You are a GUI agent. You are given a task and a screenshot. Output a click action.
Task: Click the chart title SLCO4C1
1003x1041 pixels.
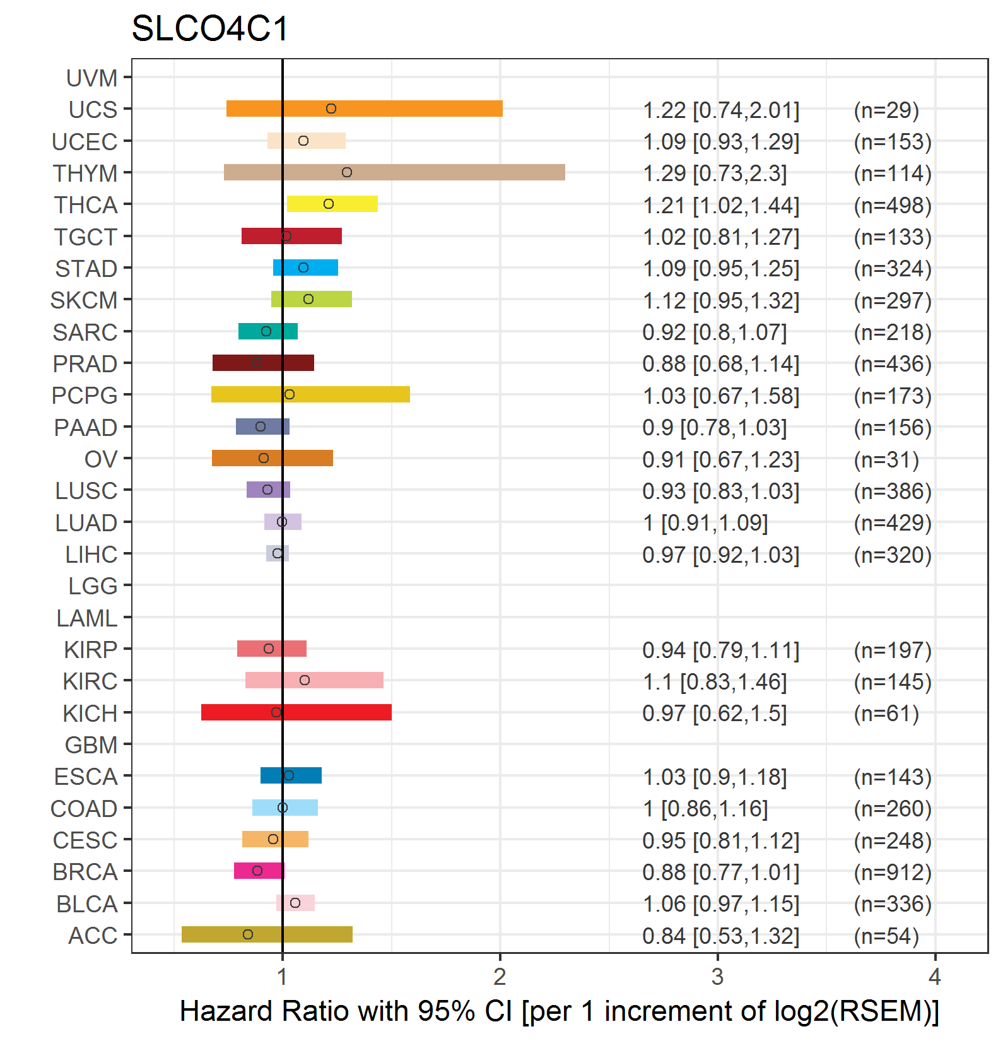[x=210, y=29]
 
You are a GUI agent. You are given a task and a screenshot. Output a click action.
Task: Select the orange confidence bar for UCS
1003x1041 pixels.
[x=365, y=109]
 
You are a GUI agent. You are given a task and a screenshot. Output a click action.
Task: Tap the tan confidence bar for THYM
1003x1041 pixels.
[x=394, y=172]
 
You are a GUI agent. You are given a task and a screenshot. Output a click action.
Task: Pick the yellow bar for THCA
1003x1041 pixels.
[x=332, y=204]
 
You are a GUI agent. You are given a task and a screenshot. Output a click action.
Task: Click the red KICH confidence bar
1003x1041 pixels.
[x=296, y=712]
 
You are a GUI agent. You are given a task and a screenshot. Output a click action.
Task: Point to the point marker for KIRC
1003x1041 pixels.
[x=305, y=680]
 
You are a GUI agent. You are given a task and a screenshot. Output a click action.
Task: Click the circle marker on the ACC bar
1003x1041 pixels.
[x=248, y=934]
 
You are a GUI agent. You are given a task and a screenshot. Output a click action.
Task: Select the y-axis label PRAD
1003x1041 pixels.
[x=85, y=364]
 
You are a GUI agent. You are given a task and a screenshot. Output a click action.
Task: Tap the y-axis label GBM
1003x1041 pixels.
[x=91, y=745]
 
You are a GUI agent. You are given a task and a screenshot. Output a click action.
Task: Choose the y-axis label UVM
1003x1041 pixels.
[x=92, y=78]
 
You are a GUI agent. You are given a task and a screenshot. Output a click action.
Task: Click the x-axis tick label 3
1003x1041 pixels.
[x=717, y=977]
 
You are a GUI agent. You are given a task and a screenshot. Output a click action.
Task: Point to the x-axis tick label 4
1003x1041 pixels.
[x=935, y=977]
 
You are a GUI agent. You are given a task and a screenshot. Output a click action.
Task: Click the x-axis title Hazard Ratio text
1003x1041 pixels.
[x=560, y=1011]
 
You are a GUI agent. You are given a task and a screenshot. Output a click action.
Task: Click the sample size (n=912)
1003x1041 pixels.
[x=893, y=872]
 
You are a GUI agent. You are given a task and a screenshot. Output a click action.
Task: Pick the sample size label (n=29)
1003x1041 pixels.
[x=886, y=110]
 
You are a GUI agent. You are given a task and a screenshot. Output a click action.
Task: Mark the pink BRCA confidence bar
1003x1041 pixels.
[x=259, y=871]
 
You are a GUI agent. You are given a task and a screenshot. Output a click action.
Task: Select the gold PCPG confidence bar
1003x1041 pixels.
[x=310, y=394]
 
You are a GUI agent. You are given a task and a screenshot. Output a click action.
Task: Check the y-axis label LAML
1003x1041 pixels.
[x=87, y=618]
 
